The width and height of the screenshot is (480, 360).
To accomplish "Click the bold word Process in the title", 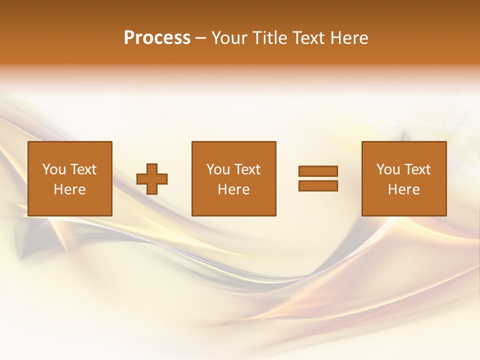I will (157, 38).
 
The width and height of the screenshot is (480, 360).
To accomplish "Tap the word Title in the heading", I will (269, 38).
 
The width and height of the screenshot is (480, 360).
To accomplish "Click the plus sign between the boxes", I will (152, 179).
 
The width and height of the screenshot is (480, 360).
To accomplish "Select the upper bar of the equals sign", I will (318, 171).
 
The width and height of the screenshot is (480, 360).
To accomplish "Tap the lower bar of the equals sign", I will (318, 186).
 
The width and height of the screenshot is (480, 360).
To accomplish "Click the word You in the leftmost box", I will (54, 169).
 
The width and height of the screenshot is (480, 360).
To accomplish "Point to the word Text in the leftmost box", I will (83, 169).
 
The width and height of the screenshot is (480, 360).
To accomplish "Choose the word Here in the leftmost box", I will (69, 189).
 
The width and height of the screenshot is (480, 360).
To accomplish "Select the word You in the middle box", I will (218, 169).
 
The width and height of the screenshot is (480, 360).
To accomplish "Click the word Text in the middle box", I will (247, 169).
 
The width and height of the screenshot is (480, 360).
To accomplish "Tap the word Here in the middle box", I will (233, 189).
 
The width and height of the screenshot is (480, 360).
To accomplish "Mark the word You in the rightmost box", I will (388, 169).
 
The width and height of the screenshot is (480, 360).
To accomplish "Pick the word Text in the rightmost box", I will (417, 169).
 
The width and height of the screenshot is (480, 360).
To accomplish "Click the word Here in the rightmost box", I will (403, 189).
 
